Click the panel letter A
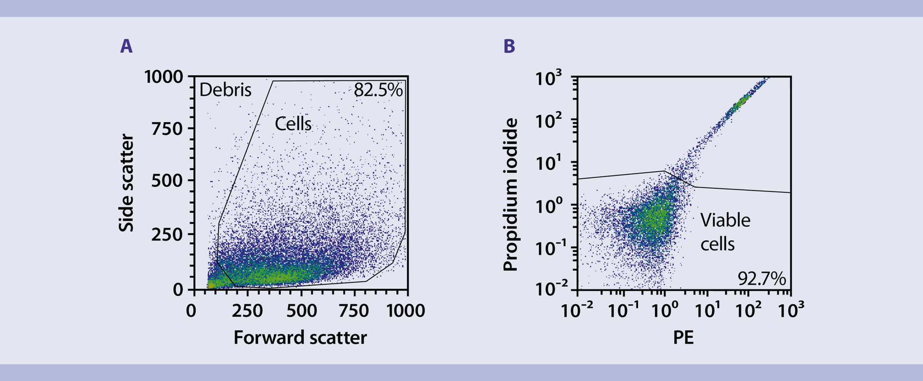pos(126,46)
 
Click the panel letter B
pos(509,46)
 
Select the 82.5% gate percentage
pos(378,90)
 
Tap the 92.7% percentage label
pos(761,279)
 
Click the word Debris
pos(225,90)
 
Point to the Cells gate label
pos(293,124)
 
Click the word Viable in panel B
pos(725,220)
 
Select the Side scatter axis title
pos(126,183)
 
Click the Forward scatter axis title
pos(300,338)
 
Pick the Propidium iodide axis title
pos(510,195)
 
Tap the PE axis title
pos(683,338)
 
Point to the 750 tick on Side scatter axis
pos(167,129)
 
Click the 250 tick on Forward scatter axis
pos(247,311)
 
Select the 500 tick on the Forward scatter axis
pos(301,311)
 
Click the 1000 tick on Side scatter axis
pos(164,76)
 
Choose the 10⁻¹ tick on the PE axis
pos(623,311)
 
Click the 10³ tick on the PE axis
pos(791,311)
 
